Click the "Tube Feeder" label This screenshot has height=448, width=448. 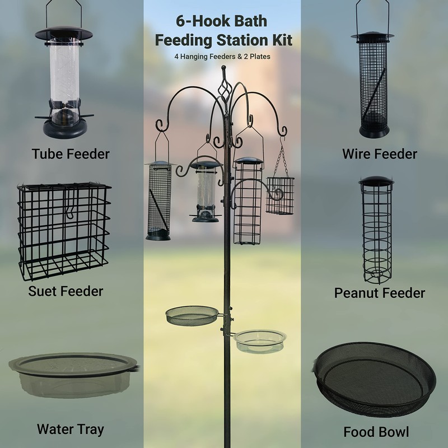pos(70,153)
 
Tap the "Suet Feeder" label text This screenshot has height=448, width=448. pos(66,291)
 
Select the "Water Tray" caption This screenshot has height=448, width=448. pos(70,430)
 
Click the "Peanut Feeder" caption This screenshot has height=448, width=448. pos(379,293)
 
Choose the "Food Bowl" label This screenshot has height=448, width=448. pos(376,432)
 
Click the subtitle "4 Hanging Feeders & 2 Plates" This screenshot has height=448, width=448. pos(223,56)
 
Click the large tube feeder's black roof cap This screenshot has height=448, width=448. pos(63,32)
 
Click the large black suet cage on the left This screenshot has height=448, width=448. pos(63,230)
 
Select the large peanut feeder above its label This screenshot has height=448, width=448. pos(376,230)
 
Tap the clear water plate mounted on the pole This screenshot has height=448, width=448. pos(260,340)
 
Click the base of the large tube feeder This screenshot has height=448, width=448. pos(65,128)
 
